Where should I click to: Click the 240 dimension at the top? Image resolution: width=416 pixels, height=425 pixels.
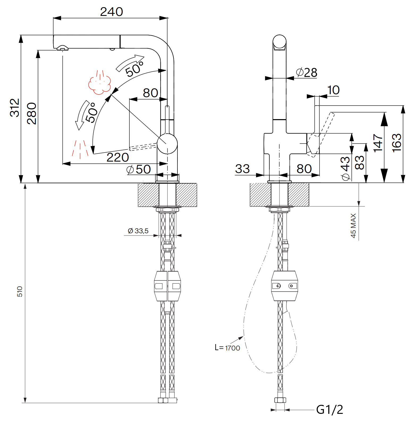pyautogui.click(x=111, y=12)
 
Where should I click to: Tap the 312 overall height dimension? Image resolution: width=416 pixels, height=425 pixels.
pyautogui.click(x=15, y=108)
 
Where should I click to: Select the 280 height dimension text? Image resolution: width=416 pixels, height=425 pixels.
pyautogui.click(x=32, y=113)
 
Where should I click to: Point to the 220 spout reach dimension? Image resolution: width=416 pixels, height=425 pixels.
pyautogui.click(x=117, y=158)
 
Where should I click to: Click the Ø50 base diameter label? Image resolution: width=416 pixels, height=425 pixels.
pyautogui.click(x=139, y=169)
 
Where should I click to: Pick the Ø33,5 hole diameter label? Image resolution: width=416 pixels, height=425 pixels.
pyautogui.click(x=138, y=231)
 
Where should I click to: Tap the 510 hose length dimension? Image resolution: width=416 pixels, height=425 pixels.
pyautogui.click(x=20, y=291)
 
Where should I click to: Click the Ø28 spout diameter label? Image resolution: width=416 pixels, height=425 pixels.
pyautogui.click(x=307, y=72)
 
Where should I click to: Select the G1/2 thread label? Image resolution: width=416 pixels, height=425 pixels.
pyautogui.click(x=329, y=410)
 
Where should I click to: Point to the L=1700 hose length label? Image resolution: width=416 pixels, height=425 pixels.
pyautogui.click(x=227, y=348)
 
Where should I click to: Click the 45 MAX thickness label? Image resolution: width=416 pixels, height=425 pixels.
pyautogui.click(x=353, y=225)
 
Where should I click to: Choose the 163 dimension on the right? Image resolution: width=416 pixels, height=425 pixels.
pyautogui.click(x=397, y=143)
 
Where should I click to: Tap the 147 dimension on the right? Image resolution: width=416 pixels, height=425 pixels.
pyautogui.click(x=378, y=143)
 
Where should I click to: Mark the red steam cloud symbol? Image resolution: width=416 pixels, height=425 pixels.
pyautogui.click(x=99, y=83)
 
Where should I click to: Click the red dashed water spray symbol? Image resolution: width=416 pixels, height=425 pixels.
pyautogui.click(x=80, y=149)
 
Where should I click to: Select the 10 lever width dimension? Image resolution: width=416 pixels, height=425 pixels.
pyautogui.click(x=333, y=90)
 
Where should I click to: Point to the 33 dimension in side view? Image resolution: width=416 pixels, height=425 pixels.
pyautogui.click(x=242, y=169)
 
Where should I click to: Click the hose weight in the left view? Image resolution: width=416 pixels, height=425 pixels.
pyautogui.click(x=167, y=286)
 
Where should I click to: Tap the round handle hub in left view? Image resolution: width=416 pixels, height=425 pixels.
pyautogui.click(x=167, y=144)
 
